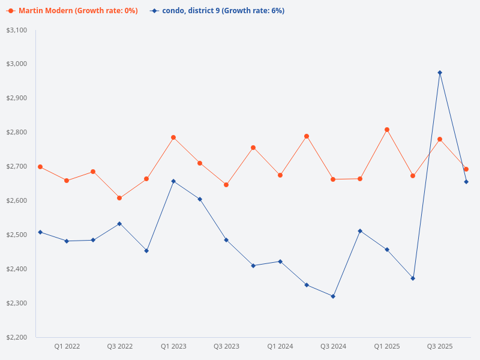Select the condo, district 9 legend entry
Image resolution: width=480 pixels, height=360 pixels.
[x=217, y=11]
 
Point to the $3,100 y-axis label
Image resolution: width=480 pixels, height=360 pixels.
[x=16, y=30]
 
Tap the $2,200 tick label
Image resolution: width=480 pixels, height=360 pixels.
[x=16, y=337]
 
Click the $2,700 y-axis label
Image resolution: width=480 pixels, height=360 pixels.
[x=16, y=166]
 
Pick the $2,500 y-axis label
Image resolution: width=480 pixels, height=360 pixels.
[x=16, y=235]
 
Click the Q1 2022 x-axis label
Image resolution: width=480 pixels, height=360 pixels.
[x=67, y=346]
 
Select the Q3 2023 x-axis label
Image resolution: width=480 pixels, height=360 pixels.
[x=226, y=346]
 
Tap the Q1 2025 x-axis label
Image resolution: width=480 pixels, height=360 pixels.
[x=387, y=346]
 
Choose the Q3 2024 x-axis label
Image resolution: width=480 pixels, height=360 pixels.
[x=333, y=346]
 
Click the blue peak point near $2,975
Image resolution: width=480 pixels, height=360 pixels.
[x=440, y=73]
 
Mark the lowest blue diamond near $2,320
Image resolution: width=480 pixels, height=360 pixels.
[x=333, y=296]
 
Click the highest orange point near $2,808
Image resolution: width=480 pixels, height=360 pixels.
[x=387, y=130]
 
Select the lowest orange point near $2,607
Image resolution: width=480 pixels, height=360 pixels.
[x=119, y=198]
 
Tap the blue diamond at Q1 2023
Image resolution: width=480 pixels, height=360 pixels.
[x=173, y=181]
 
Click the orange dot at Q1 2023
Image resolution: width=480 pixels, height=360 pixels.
[x=173, y=137]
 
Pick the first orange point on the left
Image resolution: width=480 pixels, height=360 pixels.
[x=40, y=167]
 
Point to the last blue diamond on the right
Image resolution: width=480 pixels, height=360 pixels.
[x=466, y=182]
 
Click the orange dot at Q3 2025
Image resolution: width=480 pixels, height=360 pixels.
[x=440, y=139]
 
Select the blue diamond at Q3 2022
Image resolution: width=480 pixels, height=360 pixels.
[x=119, y=224]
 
